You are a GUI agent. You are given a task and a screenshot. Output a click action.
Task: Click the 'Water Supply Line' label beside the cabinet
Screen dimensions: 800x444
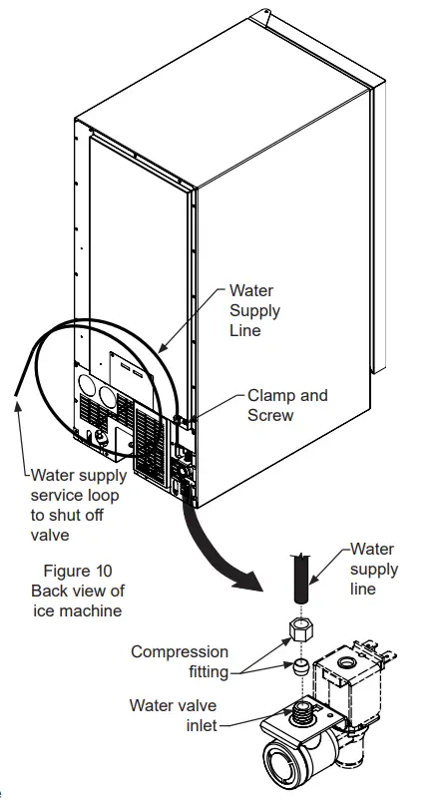[x=254, y=310]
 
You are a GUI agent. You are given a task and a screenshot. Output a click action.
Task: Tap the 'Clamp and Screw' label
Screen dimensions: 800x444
[x=286, y=405]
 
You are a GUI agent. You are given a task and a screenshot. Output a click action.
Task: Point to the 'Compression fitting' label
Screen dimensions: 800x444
[x=180, y=661]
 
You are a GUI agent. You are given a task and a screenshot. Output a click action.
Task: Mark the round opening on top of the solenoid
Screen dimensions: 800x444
[x=352, y=662]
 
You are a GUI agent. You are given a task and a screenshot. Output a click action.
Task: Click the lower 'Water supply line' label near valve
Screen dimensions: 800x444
[x=374, y=570]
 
